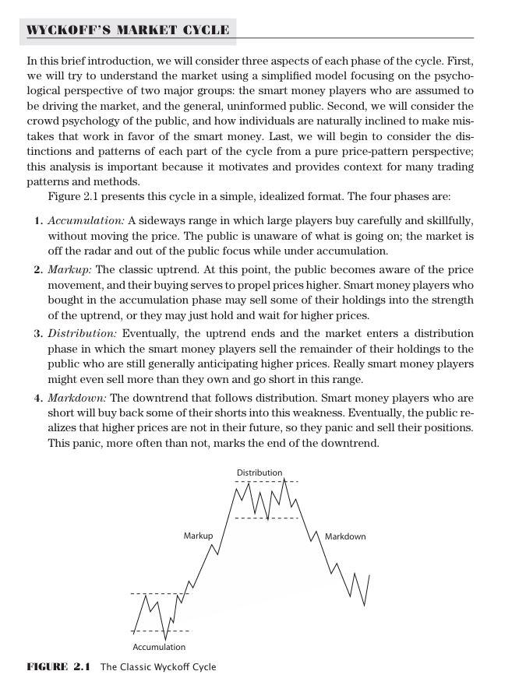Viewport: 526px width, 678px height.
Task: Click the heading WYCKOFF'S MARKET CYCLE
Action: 129,30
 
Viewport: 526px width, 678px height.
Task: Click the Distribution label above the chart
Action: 259,472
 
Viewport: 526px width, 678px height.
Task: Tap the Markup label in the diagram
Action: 198,536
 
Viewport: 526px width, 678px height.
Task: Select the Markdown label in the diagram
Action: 344,536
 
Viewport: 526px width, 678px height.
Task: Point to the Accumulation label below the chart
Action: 159,647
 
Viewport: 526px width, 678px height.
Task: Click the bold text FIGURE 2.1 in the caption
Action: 59,667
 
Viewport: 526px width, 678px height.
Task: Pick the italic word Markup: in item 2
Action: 69,269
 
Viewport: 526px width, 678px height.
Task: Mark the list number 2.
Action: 37,269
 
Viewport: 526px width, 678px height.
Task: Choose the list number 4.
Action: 37,398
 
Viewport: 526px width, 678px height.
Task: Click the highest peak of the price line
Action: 284,479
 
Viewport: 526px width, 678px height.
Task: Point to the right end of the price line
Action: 369,574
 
